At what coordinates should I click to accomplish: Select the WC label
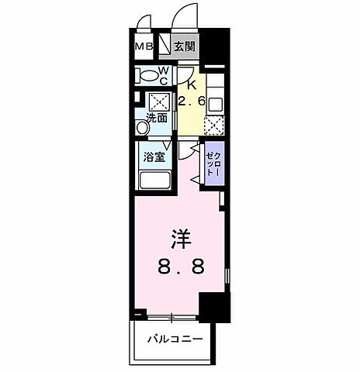pos(164,74)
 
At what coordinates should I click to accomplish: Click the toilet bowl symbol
pos(146,75)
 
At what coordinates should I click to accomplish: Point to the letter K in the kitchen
pos(189,87)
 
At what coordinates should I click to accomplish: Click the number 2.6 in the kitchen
pos(190,102)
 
